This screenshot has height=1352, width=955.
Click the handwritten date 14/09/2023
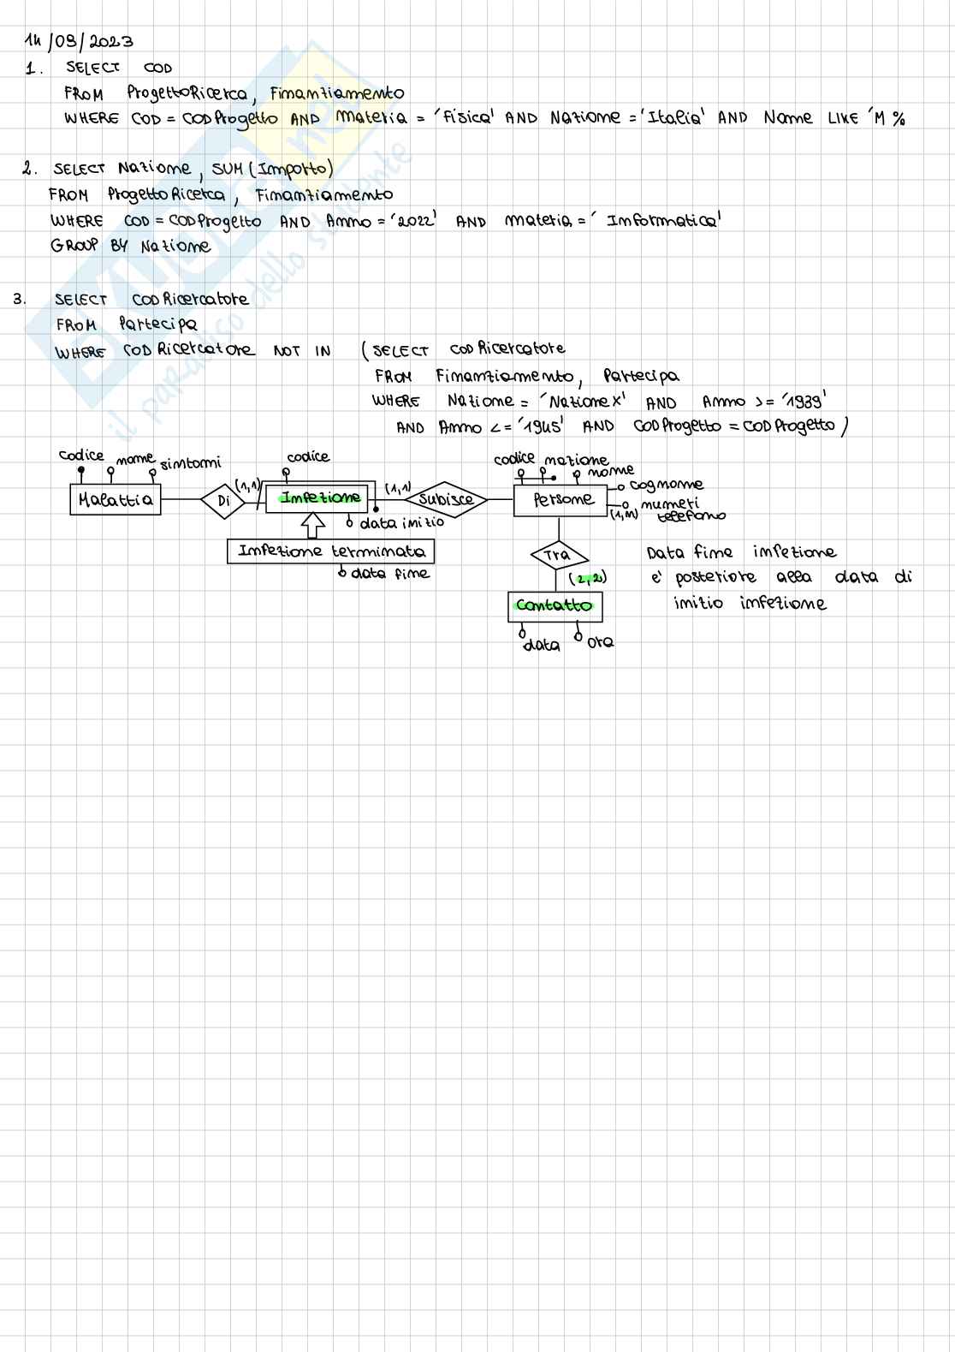[x=79, y=41]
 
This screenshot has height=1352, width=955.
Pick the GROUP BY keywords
[x=89, y=246]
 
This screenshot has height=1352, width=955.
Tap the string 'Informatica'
[x=662, y=221]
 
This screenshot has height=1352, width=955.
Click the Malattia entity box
[x=115, y=499]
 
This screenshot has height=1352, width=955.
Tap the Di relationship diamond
[x=223, y=500]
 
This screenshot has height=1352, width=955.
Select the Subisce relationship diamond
[x=445, y=499]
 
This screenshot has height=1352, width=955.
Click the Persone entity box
[x=561, y=499]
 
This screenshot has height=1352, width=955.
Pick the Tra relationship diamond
[x=557, y=555]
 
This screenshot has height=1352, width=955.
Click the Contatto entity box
[x=555, y=606]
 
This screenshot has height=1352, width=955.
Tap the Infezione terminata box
[x=330, y=551]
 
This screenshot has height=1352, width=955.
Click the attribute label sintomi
[x=190, y=463]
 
